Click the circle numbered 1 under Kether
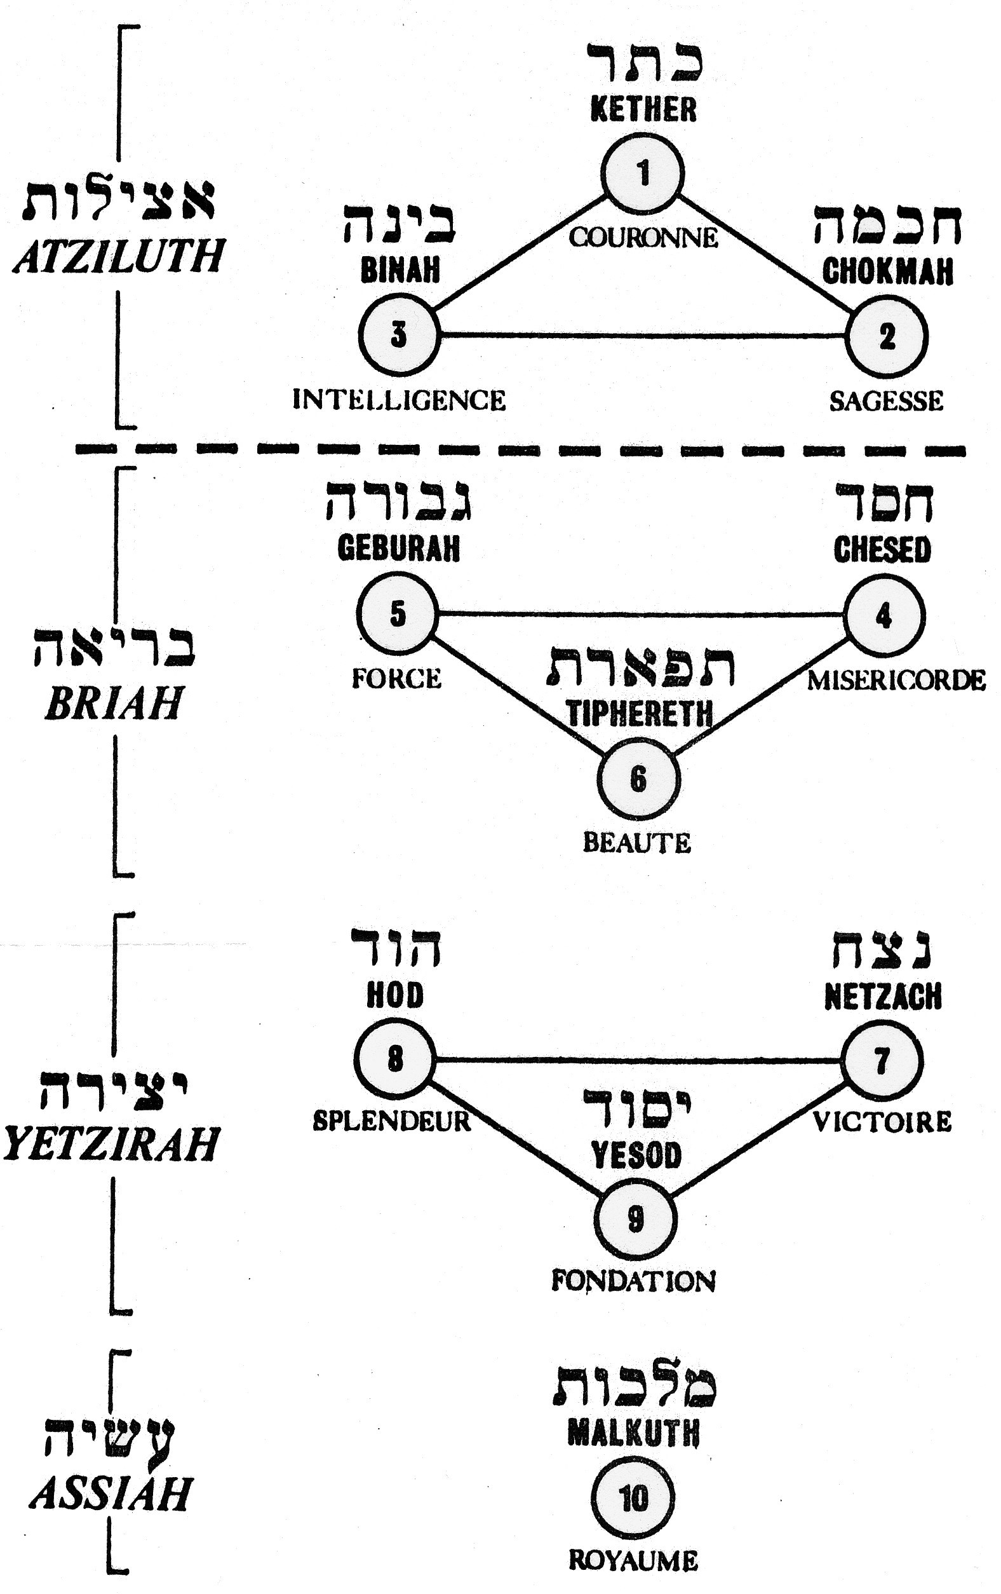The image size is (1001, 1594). (x=642, y=173)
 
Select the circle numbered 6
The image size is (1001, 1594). (x=638, y=779)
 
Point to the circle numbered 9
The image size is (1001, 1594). (x=635, y=1218)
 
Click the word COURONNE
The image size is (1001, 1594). (x=643, y=237)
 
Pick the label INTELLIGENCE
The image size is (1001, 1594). (x=399, y=400)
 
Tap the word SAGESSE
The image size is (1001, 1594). (x=887, y=401)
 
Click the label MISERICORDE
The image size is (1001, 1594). (x=896, y=680)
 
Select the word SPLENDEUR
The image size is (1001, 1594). (x=392, y=1121)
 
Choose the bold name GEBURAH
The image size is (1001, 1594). (x=398, y=548)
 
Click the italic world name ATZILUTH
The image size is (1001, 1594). (x=118, y=257)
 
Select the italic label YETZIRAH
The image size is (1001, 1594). (x=111, y=1144)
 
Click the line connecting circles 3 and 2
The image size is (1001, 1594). (x=642, y=336)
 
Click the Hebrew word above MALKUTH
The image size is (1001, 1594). (x=634, y=1389)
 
